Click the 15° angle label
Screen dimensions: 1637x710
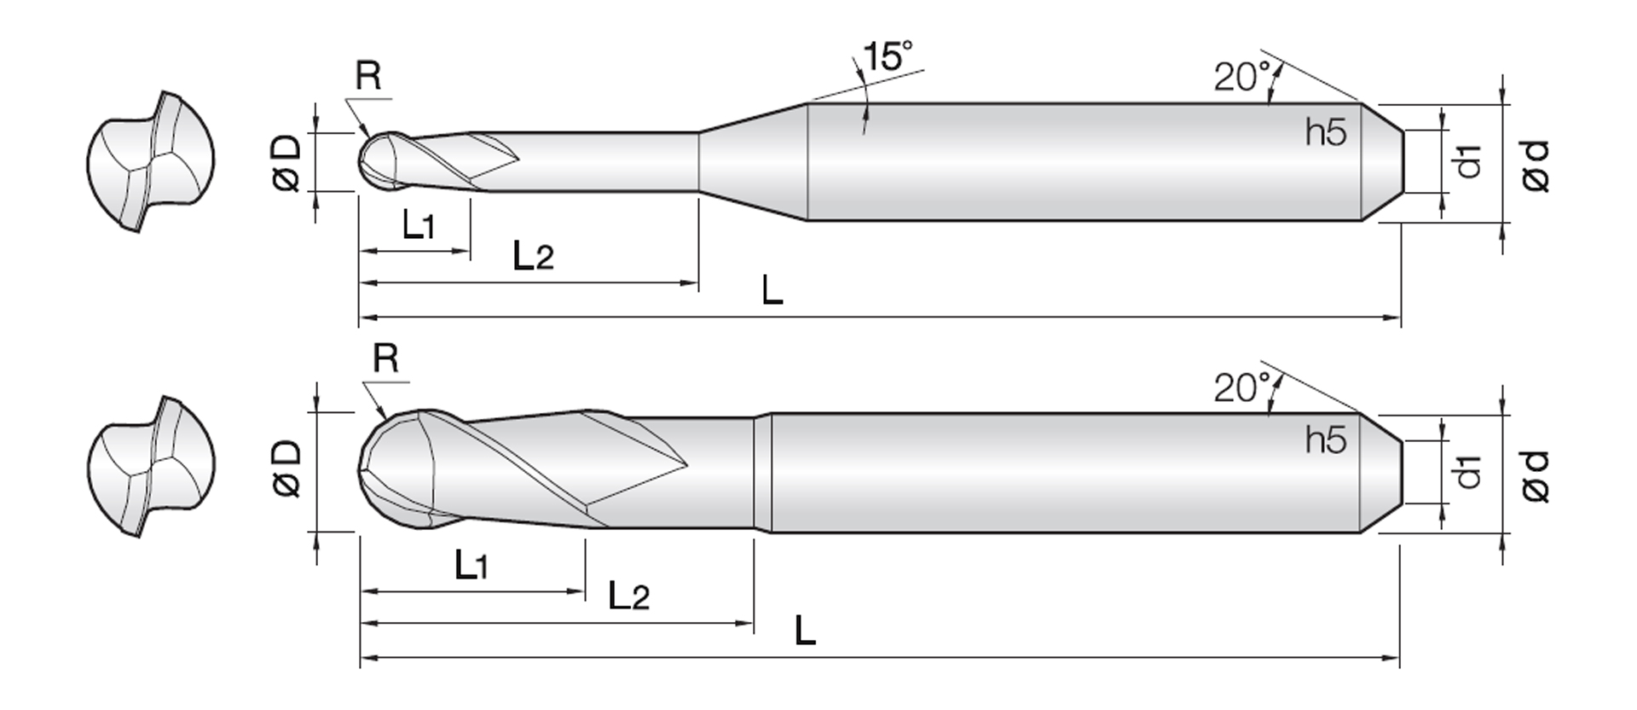tap(887, 55)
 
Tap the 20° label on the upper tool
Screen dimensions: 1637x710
tap(1241, 77)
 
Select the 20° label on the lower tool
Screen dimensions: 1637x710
tap(1241, 388)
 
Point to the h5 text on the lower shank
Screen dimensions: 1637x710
tap(1326, 440)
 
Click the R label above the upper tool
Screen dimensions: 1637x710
tap(368, 76)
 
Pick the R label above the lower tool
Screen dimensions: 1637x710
tap(385, 358)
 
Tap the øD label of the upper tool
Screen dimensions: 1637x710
tap(287, 161)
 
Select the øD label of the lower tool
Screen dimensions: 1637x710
tap(287, 468)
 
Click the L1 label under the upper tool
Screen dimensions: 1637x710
tap(419, 225)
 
